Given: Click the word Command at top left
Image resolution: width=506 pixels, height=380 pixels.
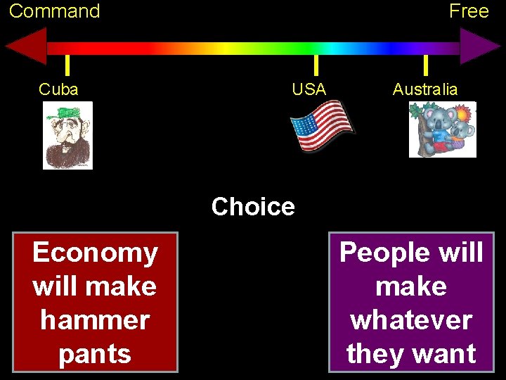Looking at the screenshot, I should point(54,11).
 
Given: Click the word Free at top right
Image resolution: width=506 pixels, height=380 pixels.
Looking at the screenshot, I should point(469,11).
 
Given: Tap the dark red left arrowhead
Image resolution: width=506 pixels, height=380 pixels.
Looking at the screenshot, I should point(27,47).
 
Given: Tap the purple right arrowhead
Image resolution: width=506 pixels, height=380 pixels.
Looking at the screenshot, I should point(479,47).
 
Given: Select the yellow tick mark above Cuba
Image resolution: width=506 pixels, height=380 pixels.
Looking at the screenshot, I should point(67,65).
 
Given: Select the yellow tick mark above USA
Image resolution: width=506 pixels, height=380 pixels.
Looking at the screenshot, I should point(316,65).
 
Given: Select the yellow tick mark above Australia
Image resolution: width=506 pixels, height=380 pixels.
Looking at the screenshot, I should point(425,65).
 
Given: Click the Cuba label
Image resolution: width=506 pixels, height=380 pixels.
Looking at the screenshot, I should point(58,89).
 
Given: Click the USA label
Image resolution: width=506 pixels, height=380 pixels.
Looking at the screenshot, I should point(309,89).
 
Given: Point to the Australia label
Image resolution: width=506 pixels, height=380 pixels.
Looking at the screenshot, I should point(425,89).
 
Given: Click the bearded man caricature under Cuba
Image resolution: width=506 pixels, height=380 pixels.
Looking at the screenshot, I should point(67,137).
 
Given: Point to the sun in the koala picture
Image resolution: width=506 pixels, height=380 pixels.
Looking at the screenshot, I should point(465,113).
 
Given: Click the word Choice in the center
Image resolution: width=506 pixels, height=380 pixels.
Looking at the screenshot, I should point(253,207).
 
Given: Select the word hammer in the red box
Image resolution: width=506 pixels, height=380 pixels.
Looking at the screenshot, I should point(95,320).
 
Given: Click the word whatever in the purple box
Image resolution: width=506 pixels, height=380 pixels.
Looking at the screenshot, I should point(411,320).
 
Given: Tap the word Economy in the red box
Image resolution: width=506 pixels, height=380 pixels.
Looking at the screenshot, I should point(95,253).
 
